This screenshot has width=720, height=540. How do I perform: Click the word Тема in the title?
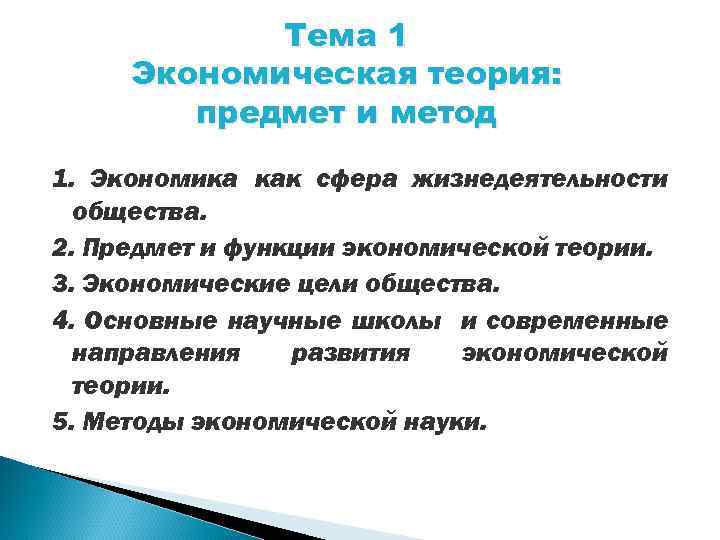[x=326, y=37]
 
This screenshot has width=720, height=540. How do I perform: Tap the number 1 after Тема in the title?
[x=396, y=37]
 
